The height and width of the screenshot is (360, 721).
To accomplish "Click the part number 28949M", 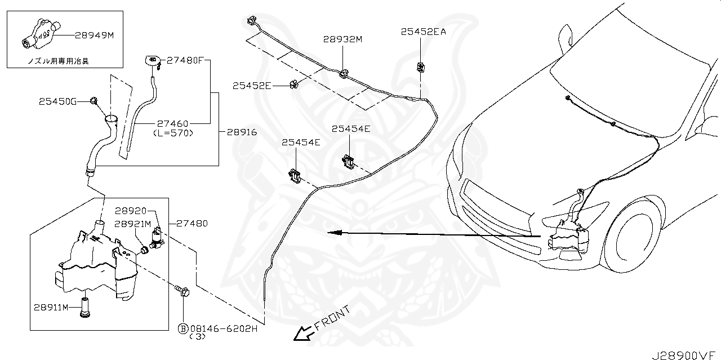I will coord(94,35).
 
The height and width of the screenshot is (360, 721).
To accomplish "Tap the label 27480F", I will coord(185,60).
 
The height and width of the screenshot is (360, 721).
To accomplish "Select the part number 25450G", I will coord(57,102).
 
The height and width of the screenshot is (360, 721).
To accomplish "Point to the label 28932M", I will coord(342,39).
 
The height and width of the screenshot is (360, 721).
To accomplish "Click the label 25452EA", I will coord(423,32).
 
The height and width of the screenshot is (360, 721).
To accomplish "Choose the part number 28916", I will coord(242,133).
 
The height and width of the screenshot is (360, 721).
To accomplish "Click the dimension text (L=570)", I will coord(173,133).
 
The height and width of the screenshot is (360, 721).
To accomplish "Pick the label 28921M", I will coord(133,224).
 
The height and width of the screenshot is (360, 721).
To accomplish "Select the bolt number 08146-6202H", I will coord(224,328).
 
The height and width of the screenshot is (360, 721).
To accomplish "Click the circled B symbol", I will coord(183,328).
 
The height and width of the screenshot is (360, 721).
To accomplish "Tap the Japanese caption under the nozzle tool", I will coord(58,60).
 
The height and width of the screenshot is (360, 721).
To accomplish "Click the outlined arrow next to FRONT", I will coord(303,334).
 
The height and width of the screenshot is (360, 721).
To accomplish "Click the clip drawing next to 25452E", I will coord(293,85).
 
